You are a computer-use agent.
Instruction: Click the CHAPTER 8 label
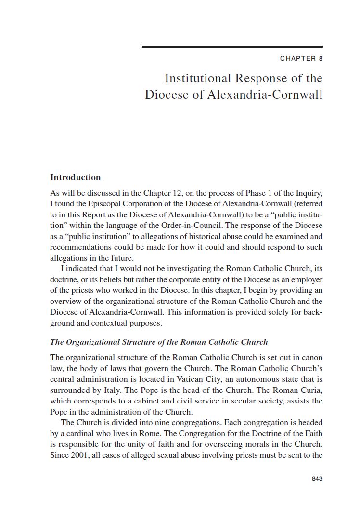click(301, 59)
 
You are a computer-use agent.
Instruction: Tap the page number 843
click(317, 478)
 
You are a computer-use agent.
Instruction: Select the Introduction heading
click(76, 177)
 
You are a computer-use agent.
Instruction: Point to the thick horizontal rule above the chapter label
click(232, 47)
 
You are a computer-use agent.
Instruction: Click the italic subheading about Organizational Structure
click(159, 342)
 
